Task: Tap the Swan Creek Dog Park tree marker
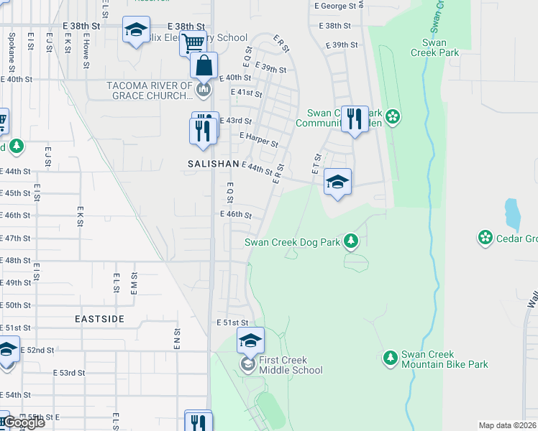pyautogui.click(x=350, y=241)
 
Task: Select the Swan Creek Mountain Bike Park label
pyautogui.click(x=444, y=359)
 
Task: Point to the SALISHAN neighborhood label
pyautogui.click(x=213, y=164)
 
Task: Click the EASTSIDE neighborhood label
pyautogui.click(x=99, y=318)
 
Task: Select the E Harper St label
pyautogui.click(x=259, y=139)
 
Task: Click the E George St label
pyautogui.click(x=335, y=5)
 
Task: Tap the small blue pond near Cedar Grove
pyautogui.click(x=511, y=212)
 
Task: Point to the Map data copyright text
pyautogui.click(x=507, y=425)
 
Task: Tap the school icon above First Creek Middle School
pyautogui.click(x=251, y=340)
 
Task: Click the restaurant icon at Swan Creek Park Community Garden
pyautogui.click(x=355, y=118)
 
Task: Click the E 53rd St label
pyautogui.click(x=69, y=373)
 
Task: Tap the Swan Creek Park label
pyautogui.click(x=434, y=47)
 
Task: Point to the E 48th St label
pyautogui.click(x=16, y=261)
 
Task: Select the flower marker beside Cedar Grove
pyautogui.click(x=485, y=236)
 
